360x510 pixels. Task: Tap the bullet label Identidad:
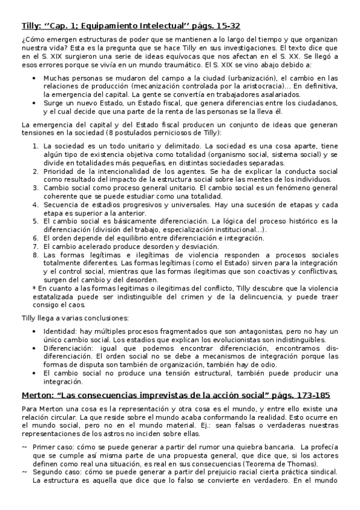pos(61,331)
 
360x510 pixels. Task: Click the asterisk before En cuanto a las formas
pos(34,289)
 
